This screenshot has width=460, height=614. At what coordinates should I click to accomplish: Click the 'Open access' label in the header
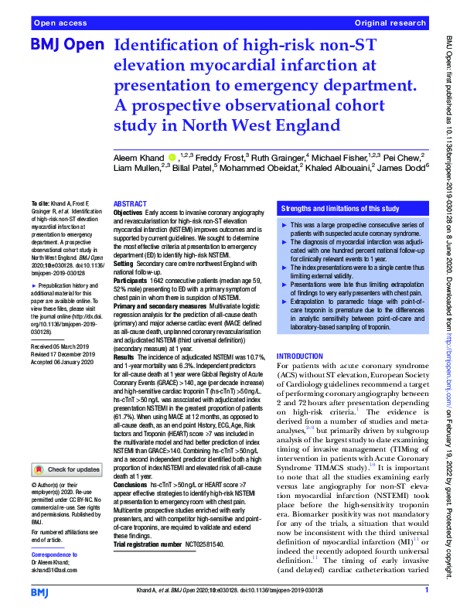click(61, 24)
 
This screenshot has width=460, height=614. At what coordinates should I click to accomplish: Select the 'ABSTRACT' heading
click(129, 203)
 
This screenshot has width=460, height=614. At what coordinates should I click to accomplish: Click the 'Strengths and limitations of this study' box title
click(339, 209)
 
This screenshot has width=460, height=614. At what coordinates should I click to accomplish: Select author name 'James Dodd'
click(403, 169)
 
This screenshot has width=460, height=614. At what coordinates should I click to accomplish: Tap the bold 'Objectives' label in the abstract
click(128, 212)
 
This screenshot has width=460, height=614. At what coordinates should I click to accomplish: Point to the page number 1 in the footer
click(426, 590)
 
